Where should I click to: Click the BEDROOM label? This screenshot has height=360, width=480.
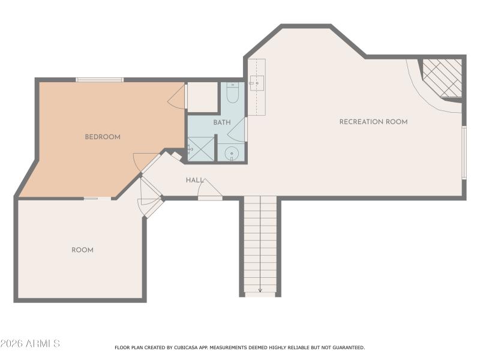[x=103, y=137]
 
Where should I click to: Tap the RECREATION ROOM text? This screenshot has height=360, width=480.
[x=373, y=122]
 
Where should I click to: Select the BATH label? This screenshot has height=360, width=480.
[x=221, y=122]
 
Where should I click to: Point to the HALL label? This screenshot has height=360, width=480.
[x=194, y=180]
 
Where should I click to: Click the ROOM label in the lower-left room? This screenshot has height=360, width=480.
[x=82, y=250]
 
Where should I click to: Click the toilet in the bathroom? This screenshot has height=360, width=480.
[x=233, y=93]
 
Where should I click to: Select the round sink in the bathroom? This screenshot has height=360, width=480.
[x=232, y=154]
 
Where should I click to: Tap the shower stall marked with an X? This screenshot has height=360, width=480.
[x=201, y=149]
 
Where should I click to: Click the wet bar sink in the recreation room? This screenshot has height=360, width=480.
[x=256, y=83]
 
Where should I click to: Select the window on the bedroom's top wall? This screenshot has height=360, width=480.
[x=100, y=79]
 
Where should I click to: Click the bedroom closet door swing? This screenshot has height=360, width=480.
[x=178, y=97]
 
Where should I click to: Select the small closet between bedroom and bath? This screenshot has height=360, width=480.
[x=203, y=97]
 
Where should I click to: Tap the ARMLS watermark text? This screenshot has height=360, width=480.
[x=30, y=344]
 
